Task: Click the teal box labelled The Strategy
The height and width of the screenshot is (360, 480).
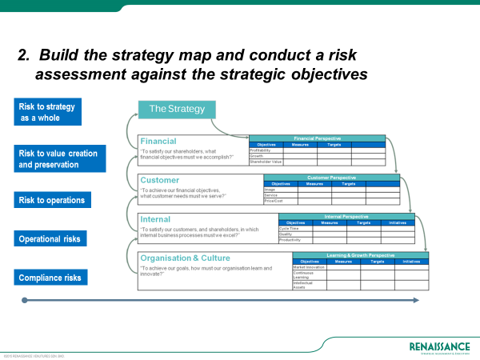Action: click(x=177, y=110)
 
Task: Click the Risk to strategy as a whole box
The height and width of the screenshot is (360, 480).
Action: click(x=59, y=112)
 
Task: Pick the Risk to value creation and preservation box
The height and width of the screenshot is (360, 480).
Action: click(x=59, y=158)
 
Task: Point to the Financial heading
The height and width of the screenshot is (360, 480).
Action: click(x=158, y=141)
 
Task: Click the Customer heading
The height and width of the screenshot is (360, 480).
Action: click(x=160, y=180)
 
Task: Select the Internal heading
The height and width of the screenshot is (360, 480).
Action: click(x=155, y=218)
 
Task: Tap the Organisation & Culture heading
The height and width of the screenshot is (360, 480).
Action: click(x=185, y=258)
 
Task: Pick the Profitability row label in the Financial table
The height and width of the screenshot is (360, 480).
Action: click(x=261, y=150)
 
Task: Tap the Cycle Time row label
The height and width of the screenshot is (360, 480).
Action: click(x=289, y=228)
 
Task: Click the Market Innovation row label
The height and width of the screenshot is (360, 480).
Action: click(x=309, y=266)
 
